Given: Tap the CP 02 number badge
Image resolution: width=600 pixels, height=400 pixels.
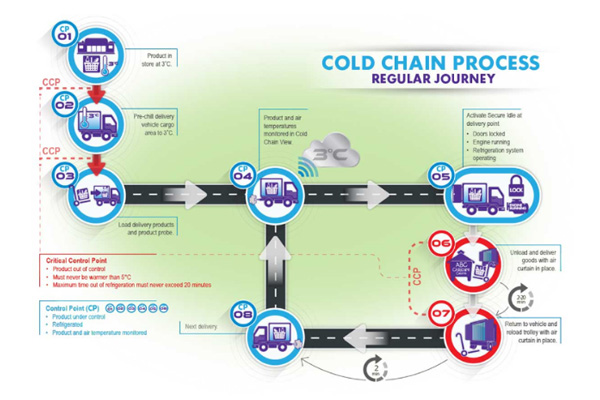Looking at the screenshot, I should (64, 100).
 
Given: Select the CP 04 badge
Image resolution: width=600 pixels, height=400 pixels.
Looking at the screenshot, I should (241, 172).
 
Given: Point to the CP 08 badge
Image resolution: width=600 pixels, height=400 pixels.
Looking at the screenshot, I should (241, 313).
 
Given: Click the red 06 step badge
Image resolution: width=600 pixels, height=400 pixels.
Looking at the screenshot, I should (441, 242).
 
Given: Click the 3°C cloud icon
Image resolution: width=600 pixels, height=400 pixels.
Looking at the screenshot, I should (333, 154).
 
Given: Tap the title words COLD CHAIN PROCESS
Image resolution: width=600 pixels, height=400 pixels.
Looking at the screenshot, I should (430, 63).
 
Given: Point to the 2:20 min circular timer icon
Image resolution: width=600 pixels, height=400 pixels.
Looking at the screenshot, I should (522, 297).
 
